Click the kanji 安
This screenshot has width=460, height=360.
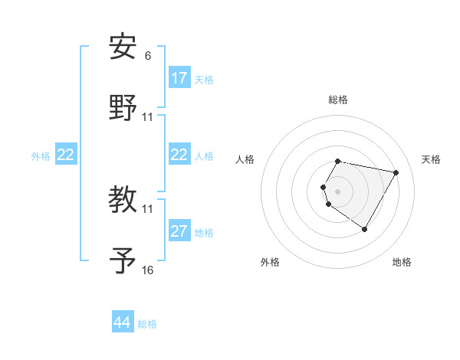click(x=123, y=47)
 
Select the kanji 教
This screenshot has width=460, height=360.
click(x=123, y=201)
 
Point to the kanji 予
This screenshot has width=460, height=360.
click(x=123, y=260)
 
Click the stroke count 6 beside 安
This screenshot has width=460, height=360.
click(x=148, y=56)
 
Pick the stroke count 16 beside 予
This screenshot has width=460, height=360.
click(x=148, y=270)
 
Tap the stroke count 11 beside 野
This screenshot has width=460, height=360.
click(x=148, y=116)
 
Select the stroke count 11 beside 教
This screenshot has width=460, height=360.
click(x=148, y=209)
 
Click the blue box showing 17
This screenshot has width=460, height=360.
click(x=179, y=78)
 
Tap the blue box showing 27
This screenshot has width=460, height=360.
click(x=179, y=231)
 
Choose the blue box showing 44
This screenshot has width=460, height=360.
click(x=123, y=322)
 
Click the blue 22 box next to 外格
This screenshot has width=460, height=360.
click(x=66, y=155)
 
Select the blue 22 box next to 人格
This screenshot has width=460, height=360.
click(x=179, y=155)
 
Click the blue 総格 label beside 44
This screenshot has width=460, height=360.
click(x=147, y=324)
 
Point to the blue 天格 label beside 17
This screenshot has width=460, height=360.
click(x=204, y=80)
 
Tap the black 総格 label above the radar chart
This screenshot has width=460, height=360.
click(x=338, y=100)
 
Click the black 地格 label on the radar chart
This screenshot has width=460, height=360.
click(x=402, y=262)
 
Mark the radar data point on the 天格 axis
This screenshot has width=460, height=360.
click(x=396, y=172)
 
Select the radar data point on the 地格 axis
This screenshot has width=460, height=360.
click(x=364, y=229)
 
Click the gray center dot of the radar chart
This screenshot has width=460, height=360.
click(x=338, y=191)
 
